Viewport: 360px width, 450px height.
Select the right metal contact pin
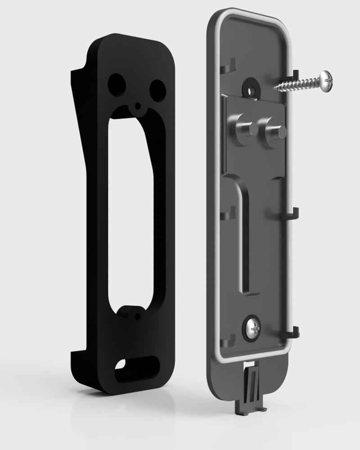point(274,132)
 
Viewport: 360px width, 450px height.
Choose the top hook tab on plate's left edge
point(229,66)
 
